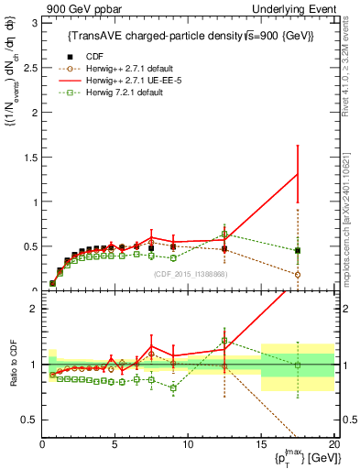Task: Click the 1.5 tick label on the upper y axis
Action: tap(30, 157)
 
